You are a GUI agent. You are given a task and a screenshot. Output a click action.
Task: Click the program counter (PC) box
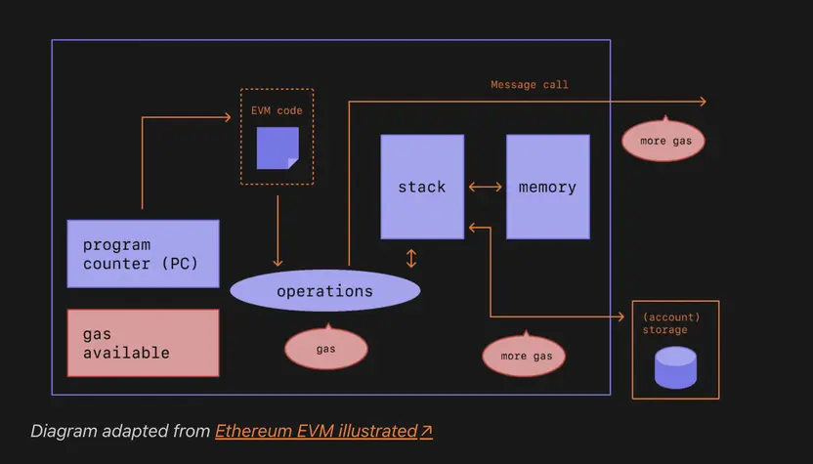click(143, 254)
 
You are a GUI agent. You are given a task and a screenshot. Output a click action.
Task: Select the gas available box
click(143, 343)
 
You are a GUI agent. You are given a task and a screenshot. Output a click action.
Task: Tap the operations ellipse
click(324, 291)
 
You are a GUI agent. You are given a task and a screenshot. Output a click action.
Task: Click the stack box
click(422, 187)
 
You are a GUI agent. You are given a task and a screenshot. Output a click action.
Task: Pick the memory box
click(547, 187)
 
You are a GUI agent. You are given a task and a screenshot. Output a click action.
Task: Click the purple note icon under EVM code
click(278, 148)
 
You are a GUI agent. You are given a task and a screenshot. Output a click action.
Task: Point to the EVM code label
click(277, 110)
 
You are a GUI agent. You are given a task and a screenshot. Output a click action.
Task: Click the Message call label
click(529, 85)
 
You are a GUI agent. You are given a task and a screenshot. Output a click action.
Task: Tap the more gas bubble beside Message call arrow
click(663, 141)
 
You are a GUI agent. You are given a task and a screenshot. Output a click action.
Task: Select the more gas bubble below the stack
click(524, 356)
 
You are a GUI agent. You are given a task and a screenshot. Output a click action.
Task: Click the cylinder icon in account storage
click(675, 367)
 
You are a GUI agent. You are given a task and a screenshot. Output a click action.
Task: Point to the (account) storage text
click(671, 323)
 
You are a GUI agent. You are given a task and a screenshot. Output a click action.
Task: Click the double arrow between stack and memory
click(485, 187)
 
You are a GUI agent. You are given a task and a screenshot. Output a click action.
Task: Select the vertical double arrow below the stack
click(411, 258)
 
